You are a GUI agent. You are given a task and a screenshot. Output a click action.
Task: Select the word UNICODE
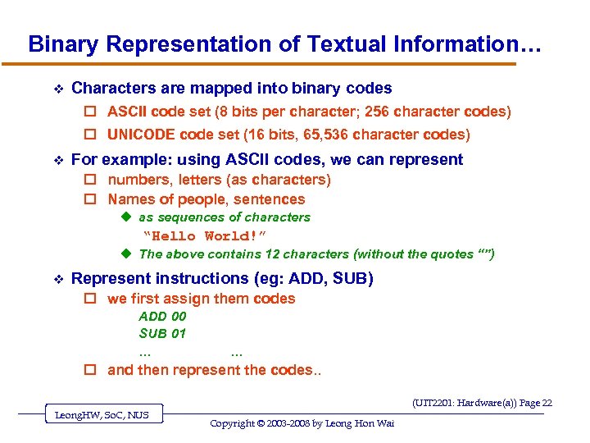141,135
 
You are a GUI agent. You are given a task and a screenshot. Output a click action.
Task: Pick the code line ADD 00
162,316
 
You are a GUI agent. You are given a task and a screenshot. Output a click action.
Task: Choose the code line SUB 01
162,333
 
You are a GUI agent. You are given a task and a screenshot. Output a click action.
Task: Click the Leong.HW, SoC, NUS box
102,415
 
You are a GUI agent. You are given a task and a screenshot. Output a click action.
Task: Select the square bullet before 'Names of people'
92,199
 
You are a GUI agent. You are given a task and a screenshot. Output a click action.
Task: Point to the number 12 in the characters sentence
250,254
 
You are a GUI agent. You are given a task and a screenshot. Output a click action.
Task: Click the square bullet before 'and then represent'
92,370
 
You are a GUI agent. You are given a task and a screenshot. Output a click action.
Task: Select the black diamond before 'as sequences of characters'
126,217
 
